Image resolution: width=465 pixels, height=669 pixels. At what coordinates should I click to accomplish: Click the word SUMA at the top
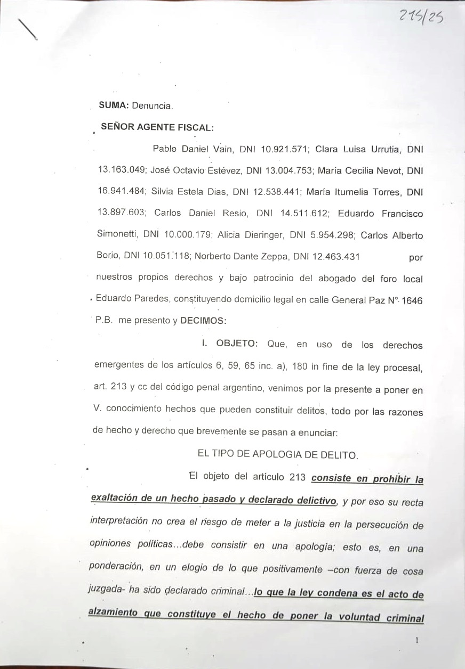pos(112,106)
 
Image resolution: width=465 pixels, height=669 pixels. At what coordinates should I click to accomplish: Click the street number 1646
pos(412,300)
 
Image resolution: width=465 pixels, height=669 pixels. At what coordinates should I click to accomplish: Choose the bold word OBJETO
pos(237,344)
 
